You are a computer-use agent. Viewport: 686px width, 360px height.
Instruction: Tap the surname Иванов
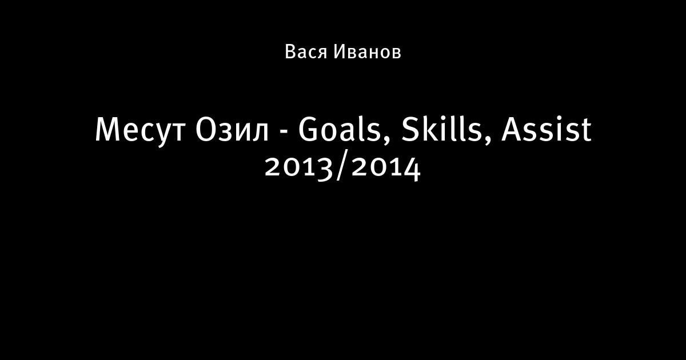(367, 51)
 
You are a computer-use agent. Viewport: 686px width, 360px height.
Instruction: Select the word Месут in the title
(140, 131)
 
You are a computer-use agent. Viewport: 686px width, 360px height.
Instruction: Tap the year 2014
(386, 168)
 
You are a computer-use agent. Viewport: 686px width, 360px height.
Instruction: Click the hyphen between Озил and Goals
(284, 133)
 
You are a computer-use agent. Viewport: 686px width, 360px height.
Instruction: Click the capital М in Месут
(107, 130)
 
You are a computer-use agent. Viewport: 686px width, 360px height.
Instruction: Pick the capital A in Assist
(512, 130)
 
